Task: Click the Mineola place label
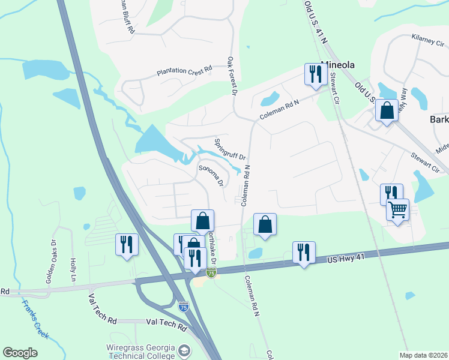(339, 64)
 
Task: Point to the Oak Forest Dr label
(231, 76)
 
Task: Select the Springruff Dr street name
(231, 149)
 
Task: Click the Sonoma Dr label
(211, 175)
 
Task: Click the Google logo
(20, 353)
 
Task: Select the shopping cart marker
(397, 211)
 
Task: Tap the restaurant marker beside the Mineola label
(313, 74)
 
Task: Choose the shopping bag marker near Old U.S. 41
(387, 111)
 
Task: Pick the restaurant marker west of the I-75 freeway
(126, 244)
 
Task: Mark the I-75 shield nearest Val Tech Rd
(184, 307)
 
